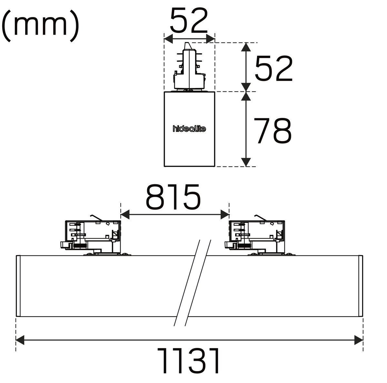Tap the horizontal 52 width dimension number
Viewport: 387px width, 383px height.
point(189,21)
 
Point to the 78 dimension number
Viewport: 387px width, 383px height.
point(272,131)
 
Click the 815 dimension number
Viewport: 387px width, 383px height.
point(173,197)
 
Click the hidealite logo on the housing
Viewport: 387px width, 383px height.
point(189,129)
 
